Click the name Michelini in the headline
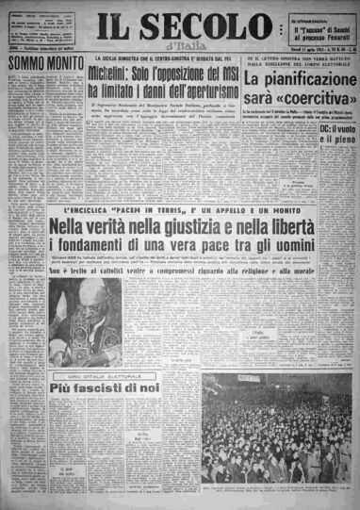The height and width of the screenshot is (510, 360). [x=119, y=74]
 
